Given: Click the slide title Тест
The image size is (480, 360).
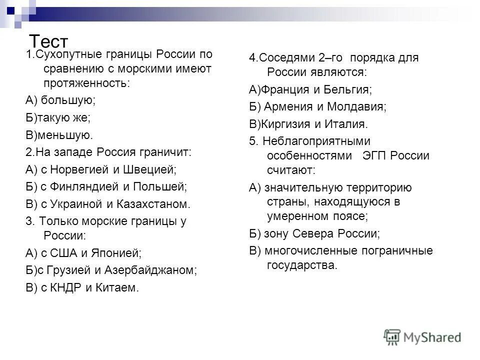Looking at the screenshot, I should tap(48, 40).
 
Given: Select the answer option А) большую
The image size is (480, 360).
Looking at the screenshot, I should tap(60, 100).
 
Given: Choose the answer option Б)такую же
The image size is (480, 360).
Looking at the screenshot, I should tap(58, 117).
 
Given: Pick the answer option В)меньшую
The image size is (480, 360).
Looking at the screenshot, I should tap(59, 134).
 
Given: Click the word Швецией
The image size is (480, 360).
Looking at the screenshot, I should tap(149, 169).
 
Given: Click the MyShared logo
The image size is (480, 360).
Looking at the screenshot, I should tap(422, 336).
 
